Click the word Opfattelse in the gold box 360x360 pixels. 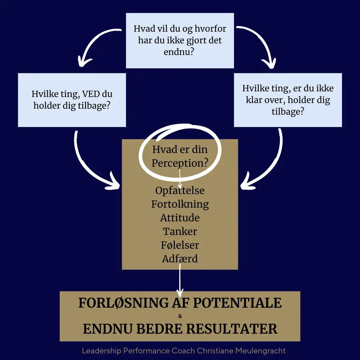180,191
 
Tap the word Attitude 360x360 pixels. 180,218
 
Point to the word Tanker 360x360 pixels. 180,231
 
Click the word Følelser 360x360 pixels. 180,245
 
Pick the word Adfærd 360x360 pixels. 180,259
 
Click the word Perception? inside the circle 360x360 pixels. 180,163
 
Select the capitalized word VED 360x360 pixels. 91,94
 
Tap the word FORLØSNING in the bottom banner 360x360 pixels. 123,303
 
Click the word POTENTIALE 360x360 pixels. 237,303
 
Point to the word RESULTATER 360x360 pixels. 232,329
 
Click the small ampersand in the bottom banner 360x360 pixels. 180,316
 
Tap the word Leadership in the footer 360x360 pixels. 101,351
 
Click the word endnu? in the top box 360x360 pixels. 179,52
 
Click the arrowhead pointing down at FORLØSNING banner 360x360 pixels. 180,293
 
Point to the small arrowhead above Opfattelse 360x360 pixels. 180,186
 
